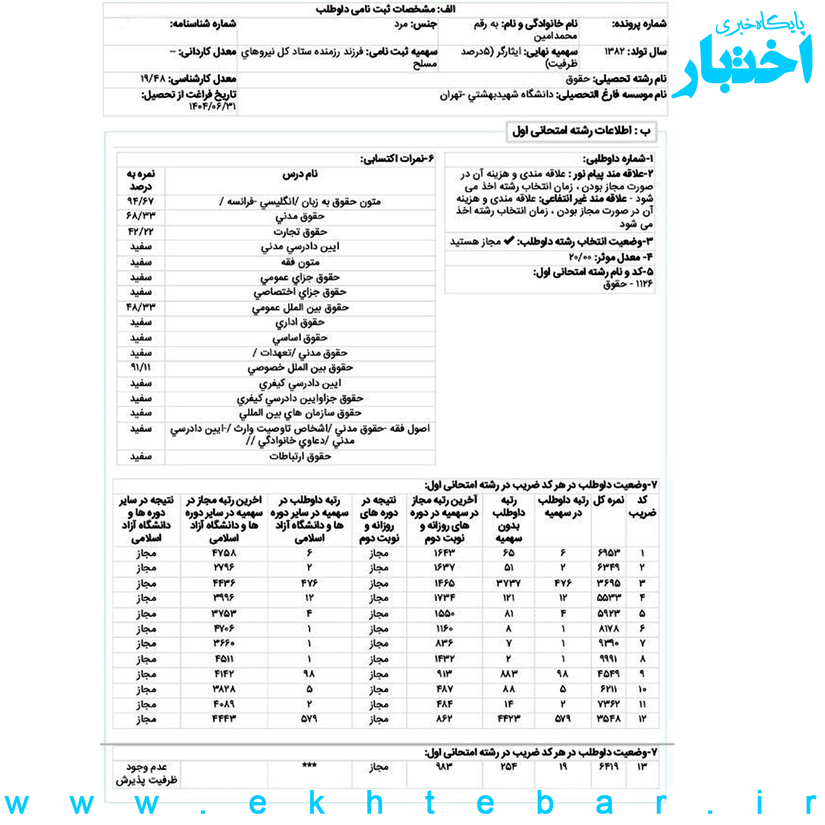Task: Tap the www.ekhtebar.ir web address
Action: [412, 804]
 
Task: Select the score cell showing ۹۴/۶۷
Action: [141, 201]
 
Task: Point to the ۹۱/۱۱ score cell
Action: [141, 367]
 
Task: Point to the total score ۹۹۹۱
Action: [610, 658]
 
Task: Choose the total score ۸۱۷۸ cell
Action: [610, 629]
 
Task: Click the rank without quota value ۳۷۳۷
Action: [508, 584]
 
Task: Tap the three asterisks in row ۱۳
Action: [310, 765]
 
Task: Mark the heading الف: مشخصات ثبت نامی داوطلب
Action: [384, 9]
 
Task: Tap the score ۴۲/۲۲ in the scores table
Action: [141, 231]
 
